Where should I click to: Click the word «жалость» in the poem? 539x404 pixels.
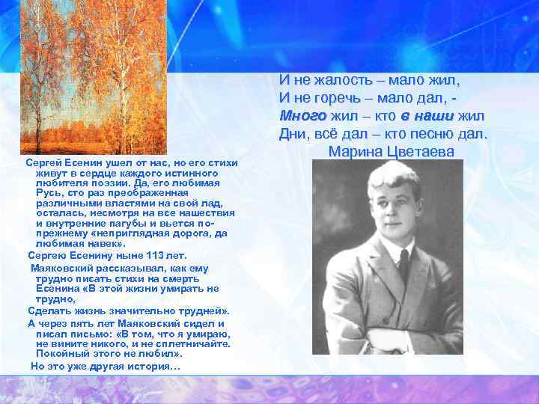[x=341, y=79]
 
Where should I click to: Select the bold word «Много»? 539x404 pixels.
[x=303, y=116]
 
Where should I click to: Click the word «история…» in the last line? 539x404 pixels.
[x=154, y=366]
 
